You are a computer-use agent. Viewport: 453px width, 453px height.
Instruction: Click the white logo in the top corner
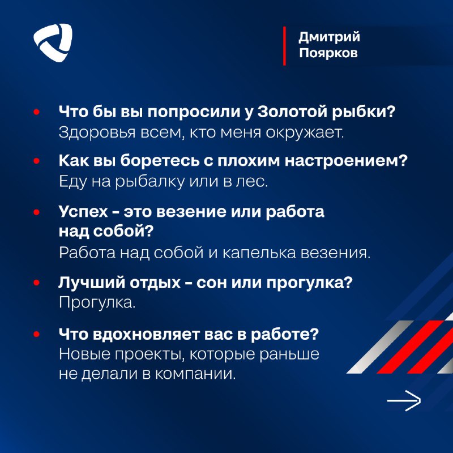coord(53,43)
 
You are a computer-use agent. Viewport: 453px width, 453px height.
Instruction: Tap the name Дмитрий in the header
coord(330,37)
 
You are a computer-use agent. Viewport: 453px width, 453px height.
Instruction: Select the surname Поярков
coord(328,53)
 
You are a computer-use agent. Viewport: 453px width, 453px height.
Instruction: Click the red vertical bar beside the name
coord(285,46)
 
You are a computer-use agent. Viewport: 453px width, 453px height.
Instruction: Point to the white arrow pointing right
coord(404,400)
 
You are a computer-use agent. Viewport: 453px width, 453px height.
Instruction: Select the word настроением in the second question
coord(346,161)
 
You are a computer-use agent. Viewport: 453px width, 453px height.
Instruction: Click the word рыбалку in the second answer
coord(150,182)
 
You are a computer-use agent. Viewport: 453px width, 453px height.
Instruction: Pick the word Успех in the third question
coord(83,212)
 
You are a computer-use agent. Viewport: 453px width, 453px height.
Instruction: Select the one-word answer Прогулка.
coord(97,303)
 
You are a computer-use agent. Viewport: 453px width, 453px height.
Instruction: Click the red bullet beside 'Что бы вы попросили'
coord(36,112)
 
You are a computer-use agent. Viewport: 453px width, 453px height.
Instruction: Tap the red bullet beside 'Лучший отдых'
coord(36,283)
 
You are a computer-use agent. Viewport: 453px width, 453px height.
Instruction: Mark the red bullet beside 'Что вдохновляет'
coord(36,334)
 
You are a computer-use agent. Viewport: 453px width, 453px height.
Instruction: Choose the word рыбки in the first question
coord(363,112)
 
